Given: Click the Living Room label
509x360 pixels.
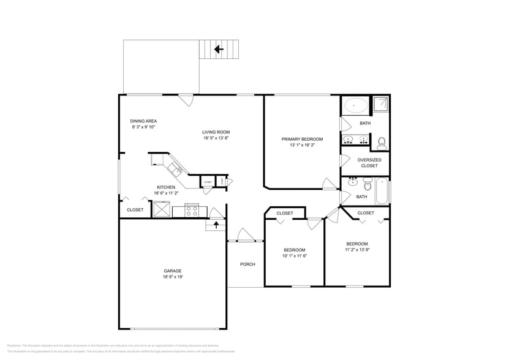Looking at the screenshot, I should point(216,132).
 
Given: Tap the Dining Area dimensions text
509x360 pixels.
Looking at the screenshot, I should point(143,127).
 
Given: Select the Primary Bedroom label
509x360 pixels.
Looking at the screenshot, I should point(302,140).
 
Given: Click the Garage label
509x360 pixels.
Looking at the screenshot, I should point(172,271).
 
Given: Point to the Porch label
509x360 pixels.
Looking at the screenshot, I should point(247,264).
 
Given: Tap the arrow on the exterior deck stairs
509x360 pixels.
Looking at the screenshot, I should point(218,49).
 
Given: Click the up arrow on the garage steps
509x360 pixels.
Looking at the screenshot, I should point(216,225).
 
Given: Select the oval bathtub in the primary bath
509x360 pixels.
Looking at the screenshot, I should point(356,105).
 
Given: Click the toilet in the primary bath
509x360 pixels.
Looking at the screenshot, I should point(381,144).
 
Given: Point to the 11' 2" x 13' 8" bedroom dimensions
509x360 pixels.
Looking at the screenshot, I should point(357,249).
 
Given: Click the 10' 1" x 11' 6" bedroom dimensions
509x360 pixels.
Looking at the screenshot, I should point(294,255).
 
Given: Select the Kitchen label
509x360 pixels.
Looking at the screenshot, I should point(166,187).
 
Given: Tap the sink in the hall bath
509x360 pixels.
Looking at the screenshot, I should point(353,182).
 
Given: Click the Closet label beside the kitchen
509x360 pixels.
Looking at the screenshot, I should point(135,210).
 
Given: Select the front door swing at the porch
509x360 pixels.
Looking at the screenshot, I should point(244,235).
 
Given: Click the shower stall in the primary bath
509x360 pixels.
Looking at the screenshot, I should point(380,105).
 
